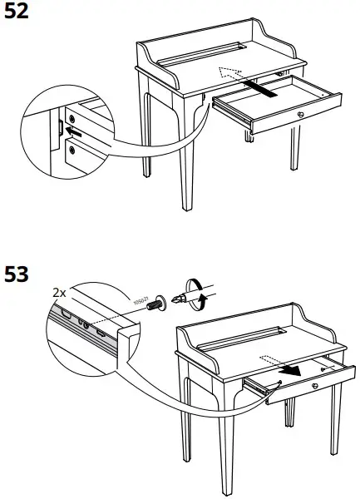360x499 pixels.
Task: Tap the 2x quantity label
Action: pos(59,294)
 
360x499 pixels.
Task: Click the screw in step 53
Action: pos(154,305)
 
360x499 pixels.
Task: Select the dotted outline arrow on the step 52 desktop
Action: pos(229,73)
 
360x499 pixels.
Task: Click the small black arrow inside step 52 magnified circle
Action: pos(74,130)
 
